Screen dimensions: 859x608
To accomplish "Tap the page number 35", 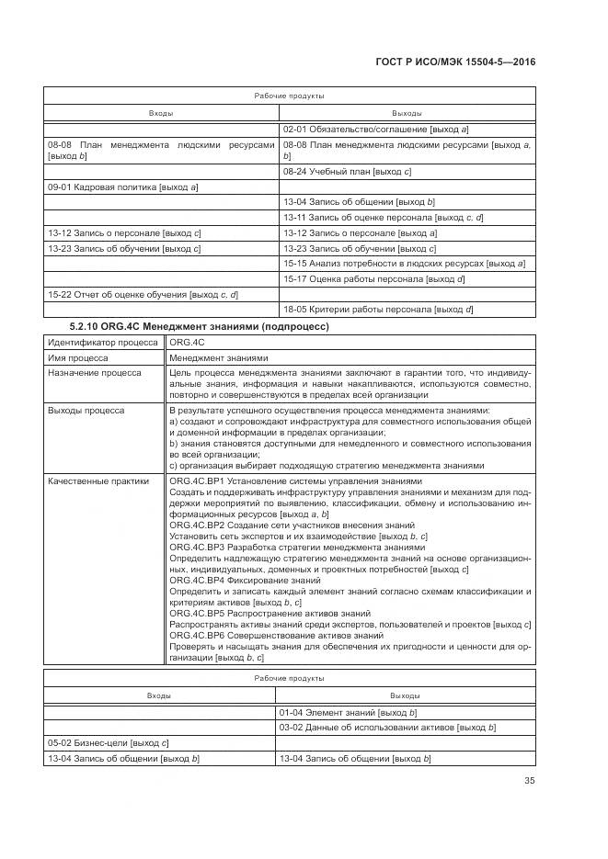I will click(527, 781).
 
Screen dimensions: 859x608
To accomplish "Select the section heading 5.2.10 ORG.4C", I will click(200, 325).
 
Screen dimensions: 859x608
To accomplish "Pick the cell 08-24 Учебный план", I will click(347, 172).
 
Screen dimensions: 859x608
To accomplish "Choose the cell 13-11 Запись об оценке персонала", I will click(383, 217).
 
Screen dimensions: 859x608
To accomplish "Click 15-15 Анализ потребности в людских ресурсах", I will click(404, 264).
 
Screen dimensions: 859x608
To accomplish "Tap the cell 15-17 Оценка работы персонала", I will click(373, 278).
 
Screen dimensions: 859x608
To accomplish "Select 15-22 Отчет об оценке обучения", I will click(143, 294).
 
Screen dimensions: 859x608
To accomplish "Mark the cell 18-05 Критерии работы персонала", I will click(378, 310).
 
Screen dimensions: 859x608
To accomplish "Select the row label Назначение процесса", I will click(93, 373).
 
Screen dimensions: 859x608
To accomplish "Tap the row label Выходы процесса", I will click(85, 410).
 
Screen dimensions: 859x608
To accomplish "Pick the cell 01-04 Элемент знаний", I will click(350, 712).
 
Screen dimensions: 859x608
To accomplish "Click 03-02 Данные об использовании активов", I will click(388, 728).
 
